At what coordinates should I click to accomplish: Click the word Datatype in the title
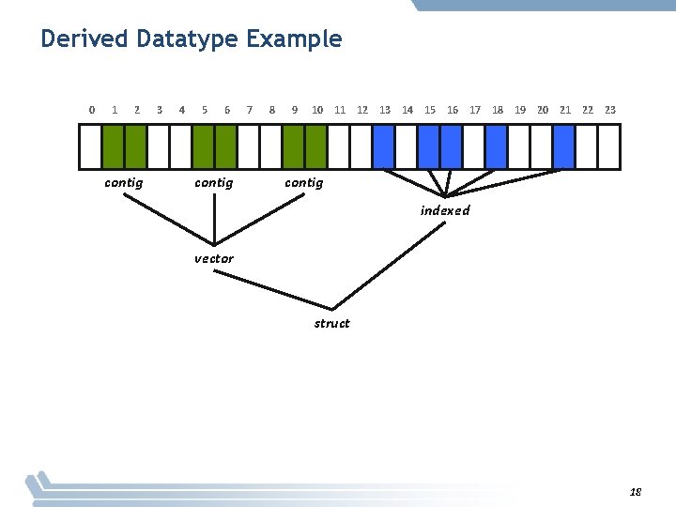pos(187,39)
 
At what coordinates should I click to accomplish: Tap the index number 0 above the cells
pos(91,110)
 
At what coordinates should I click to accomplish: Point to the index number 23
pos(610,110)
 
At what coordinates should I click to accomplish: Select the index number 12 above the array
pos(362,110)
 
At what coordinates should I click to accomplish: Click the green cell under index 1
pos(113,146)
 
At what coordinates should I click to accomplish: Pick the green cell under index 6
pos(226,146)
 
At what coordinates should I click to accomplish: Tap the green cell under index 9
pos(294,146)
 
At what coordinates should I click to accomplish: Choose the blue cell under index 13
pos(384,146)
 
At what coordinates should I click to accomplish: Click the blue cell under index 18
pos(497,146)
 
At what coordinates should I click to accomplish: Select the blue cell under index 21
pos(564,146)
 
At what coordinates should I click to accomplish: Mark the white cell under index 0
pos(90,146)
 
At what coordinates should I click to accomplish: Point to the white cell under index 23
pos(609,146)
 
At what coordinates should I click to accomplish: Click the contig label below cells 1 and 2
pos(124,183)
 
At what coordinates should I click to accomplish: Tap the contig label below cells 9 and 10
pos(304,183)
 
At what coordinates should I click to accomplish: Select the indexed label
pos(445,210)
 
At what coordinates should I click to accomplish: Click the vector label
pos(214,258)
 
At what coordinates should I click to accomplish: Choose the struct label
pos(331,324)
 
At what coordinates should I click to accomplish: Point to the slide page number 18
pos(636,492)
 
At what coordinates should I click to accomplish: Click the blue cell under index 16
pos(452,146)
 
